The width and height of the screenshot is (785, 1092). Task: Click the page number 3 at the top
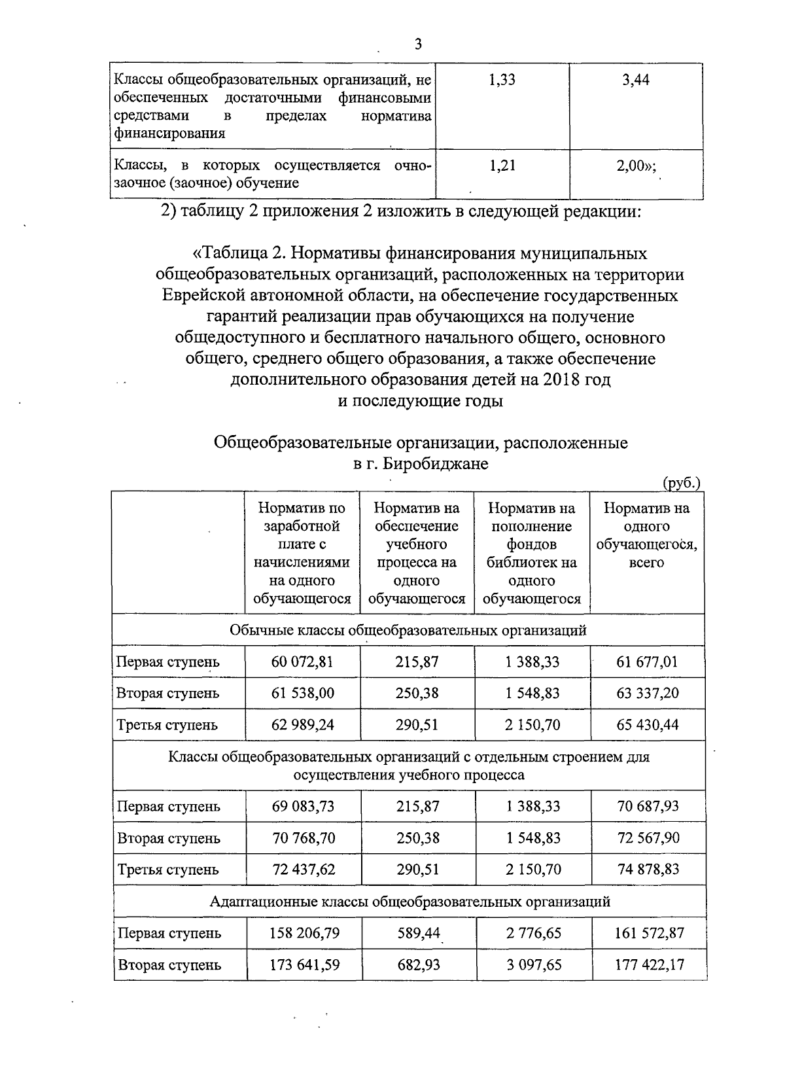(x=419, y=44)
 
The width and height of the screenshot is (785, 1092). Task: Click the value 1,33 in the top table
(x=502, y=80)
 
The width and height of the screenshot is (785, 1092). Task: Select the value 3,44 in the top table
(x=636, y=80)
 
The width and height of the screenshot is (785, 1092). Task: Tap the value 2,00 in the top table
(x=633, y=166)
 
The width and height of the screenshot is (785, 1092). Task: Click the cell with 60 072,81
(x=302, y=661)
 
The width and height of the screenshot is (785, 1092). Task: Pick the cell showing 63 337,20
(x=648, y=693)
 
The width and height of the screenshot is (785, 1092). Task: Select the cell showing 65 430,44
(x=648, y=725)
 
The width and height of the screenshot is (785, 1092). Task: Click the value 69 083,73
(x=303, y=806)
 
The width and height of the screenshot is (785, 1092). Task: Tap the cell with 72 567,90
(x=648, y=838)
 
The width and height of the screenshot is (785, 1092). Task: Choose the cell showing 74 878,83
(x=648, y=870)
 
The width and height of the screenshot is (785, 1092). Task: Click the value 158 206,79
(x=304, y=933)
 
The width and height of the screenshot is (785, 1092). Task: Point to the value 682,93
(x=419, y=965)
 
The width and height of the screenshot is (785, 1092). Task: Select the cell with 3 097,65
(x=534, y=965)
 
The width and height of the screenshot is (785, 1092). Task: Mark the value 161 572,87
(x=649, y=933)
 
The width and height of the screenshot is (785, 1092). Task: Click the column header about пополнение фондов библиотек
(x=532, y=553)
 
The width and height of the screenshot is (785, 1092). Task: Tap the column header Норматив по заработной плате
(x=302, y=553)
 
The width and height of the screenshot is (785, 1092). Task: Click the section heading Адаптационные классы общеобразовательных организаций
(x=410, y=902)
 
